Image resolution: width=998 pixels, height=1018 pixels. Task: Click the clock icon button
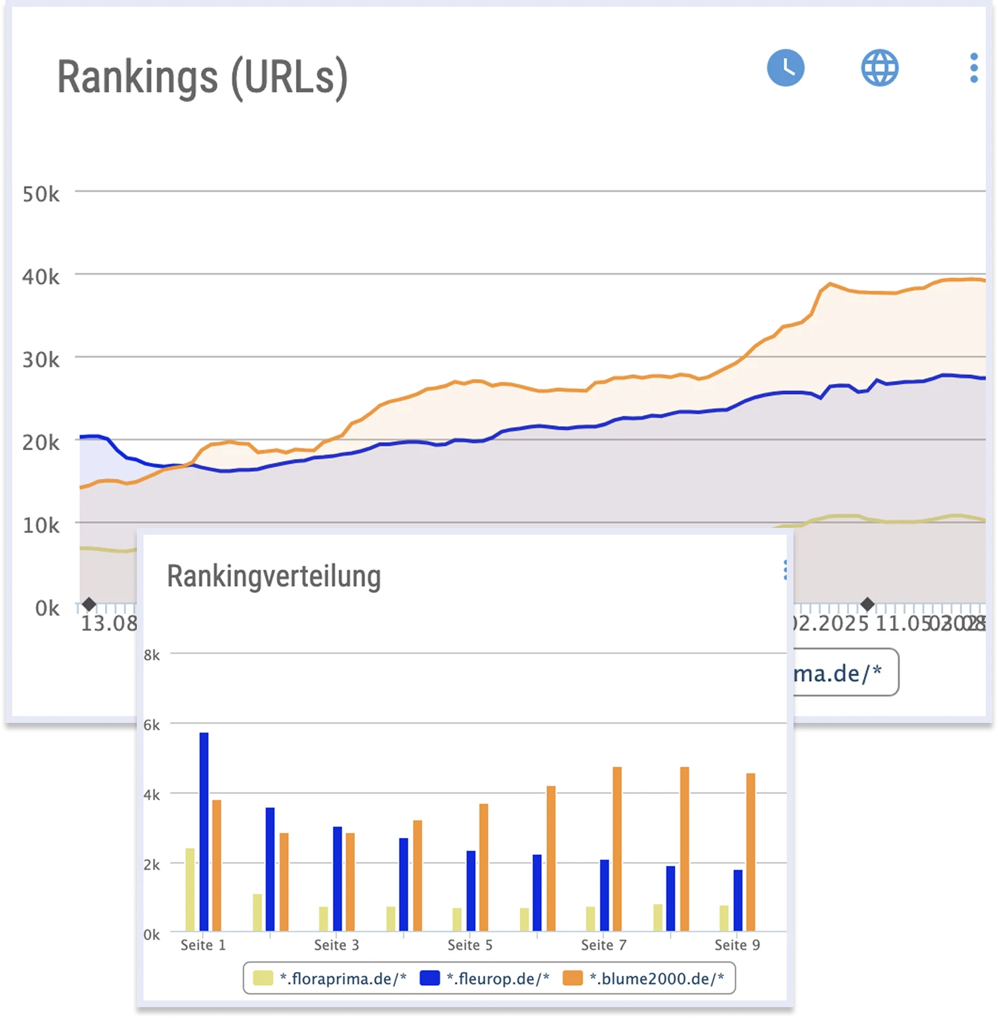pos(785,68)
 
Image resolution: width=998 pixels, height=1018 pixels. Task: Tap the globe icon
pos(880,68)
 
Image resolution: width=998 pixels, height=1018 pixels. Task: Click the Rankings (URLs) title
pos(202,77)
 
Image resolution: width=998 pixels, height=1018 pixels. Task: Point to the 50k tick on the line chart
pos(41,195)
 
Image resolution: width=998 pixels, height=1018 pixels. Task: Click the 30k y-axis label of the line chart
pos(41,360)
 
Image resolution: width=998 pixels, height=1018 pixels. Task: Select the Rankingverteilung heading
pos(274,577)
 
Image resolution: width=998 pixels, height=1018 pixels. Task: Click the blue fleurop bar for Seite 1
pos(204,831)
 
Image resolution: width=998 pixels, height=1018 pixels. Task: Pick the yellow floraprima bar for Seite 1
pos(190,889)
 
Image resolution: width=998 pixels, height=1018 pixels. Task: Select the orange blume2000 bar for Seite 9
pos(750,851)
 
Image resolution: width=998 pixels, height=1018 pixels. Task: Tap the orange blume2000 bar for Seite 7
pos(617,849)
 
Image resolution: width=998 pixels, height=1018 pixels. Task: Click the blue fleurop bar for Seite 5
pos(471,891)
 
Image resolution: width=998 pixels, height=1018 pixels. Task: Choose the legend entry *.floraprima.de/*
pos(330,979)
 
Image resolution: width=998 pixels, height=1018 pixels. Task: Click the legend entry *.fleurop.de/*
pos(485,979)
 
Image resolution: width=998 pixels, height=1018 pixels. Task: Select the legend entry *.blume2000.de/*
pos(643,979)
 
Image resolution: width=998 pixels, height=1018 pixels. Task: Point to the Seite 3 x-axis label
pos(337,945)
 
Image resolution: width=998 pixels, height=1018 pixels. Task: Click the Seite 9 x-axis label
pos(737,945)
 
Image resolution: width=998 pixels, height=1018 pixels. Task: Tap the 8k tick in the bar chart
pos(152,655)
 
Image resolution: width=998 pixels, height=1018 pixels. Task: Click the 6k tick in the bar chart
pos(152,726)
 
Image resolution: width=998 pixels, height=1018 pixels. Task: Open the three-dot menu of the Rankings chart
pos(974,68)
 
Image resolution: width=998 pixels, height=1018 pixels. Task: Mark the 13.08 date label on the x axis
pos(108,623)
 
